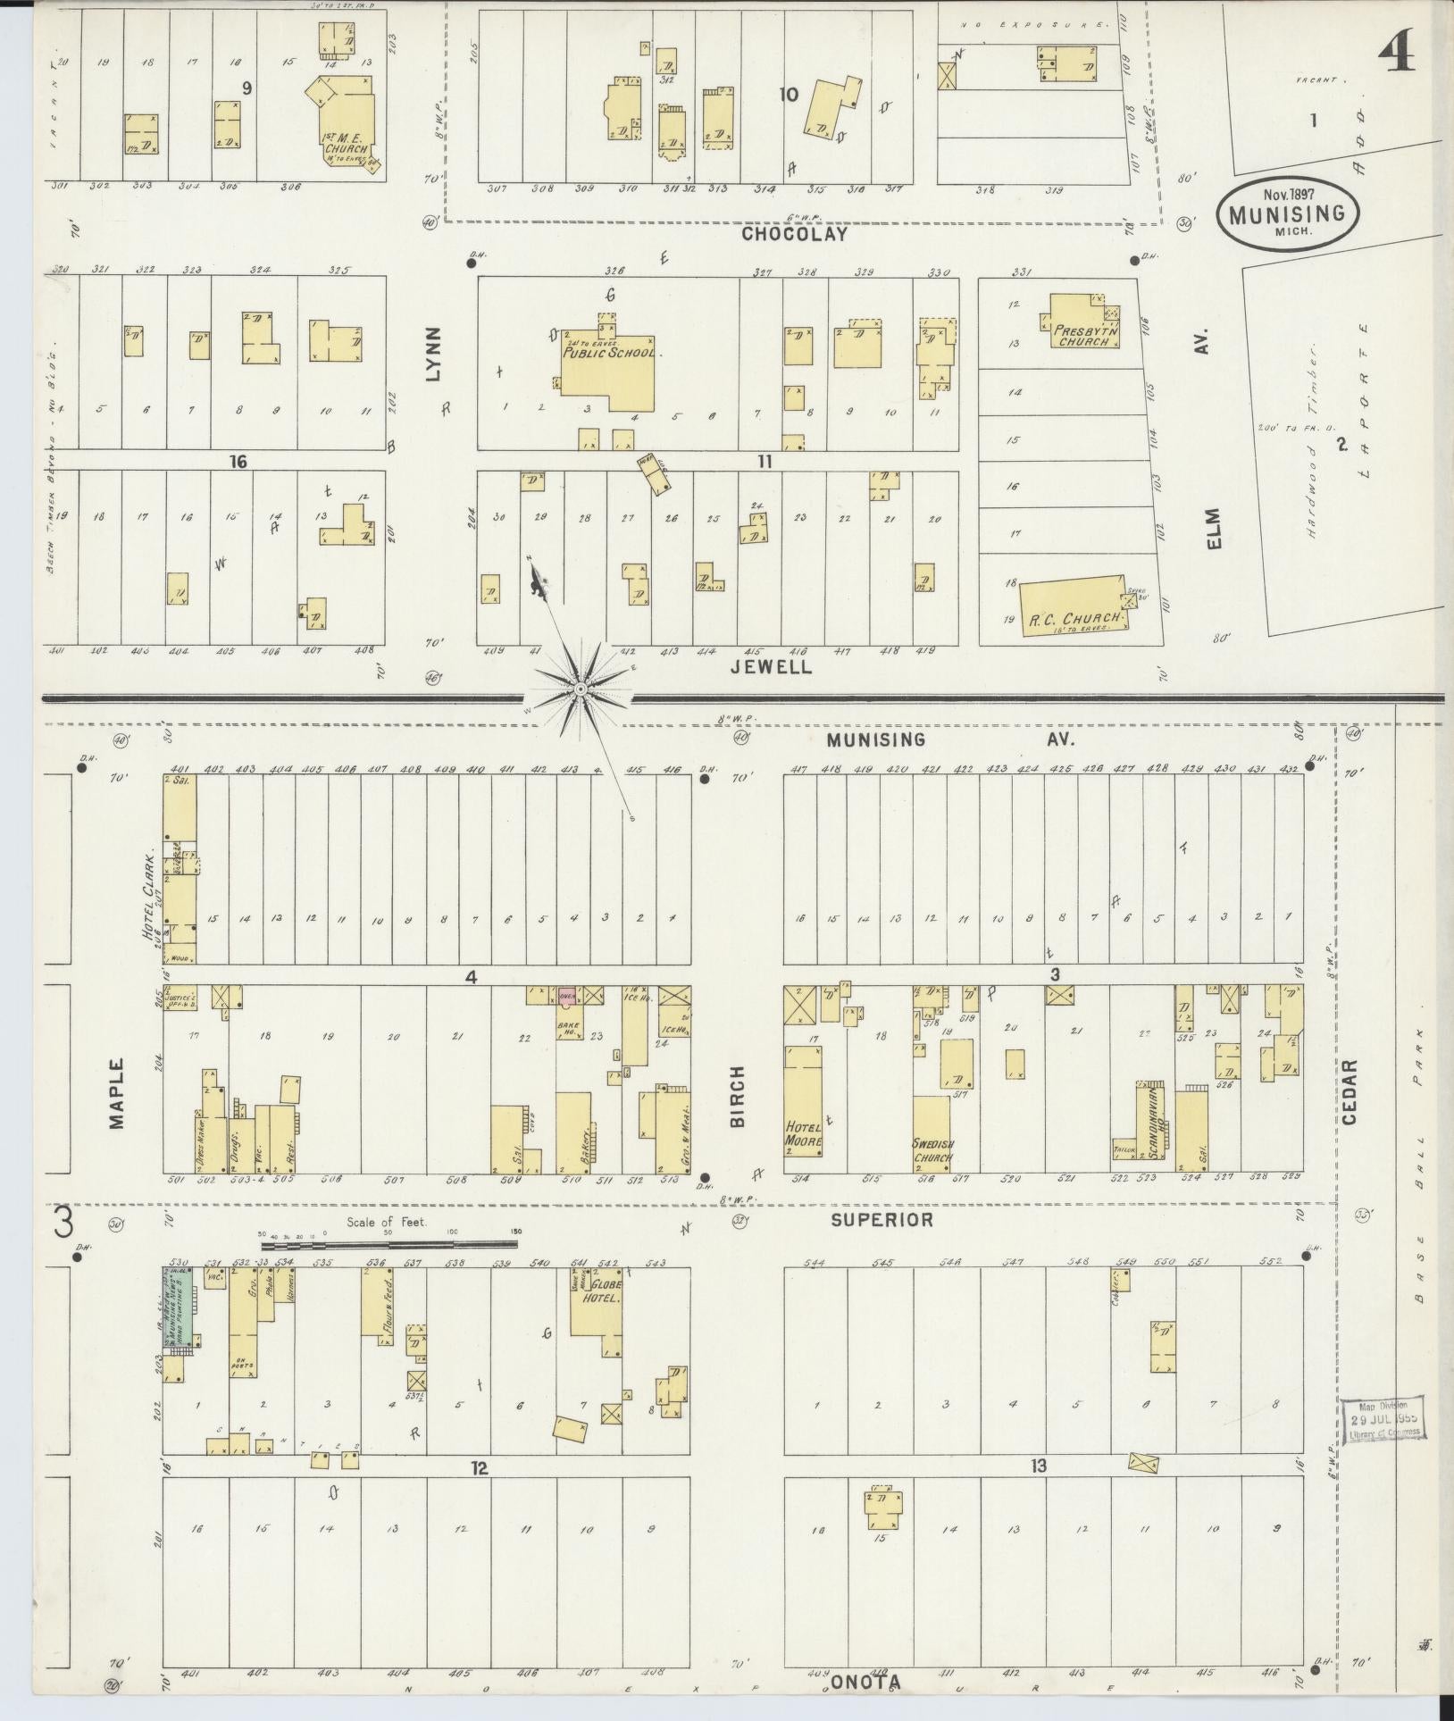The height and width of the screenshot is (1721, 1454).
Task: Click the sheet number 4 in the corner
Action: point(1395,55)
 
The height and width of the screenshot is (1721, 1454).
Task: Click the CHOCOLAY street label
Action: point(794,234)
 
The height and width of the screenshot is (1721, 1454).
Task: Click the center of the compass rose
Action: point(581,689)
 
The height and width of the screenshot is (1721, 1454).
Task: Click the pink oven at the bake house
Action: point(566,995)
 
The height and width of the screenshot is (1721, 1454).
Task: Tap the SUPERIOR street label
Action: point(881,1219)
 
